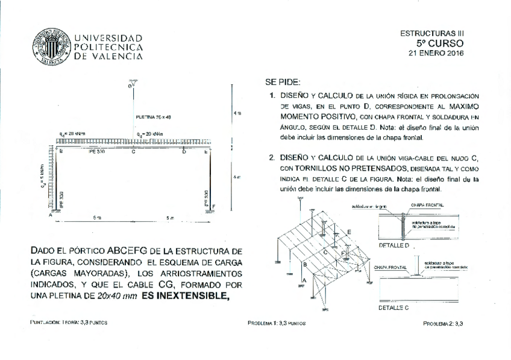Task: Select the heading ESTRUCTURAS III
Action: [x=433, y=34]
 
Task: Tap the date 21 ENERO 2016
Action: [x=436, y=53]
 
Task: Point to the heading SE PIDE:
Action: [x=283, y=82]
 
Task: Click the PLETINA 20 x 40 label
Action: [x=154, y=116]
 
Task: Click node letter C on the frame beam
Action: [x=133, y=152]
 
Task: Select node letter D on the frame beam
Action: [x=184, y=152]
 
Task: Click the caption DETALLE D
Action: [x=394, y=245]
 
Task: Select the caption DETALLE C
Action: [x=394, y=308]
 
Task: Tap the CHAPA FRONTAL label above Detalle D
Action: [x=427, y=205]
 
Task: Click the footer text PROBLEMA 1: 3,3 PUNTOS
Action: [x=277, y=323]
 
